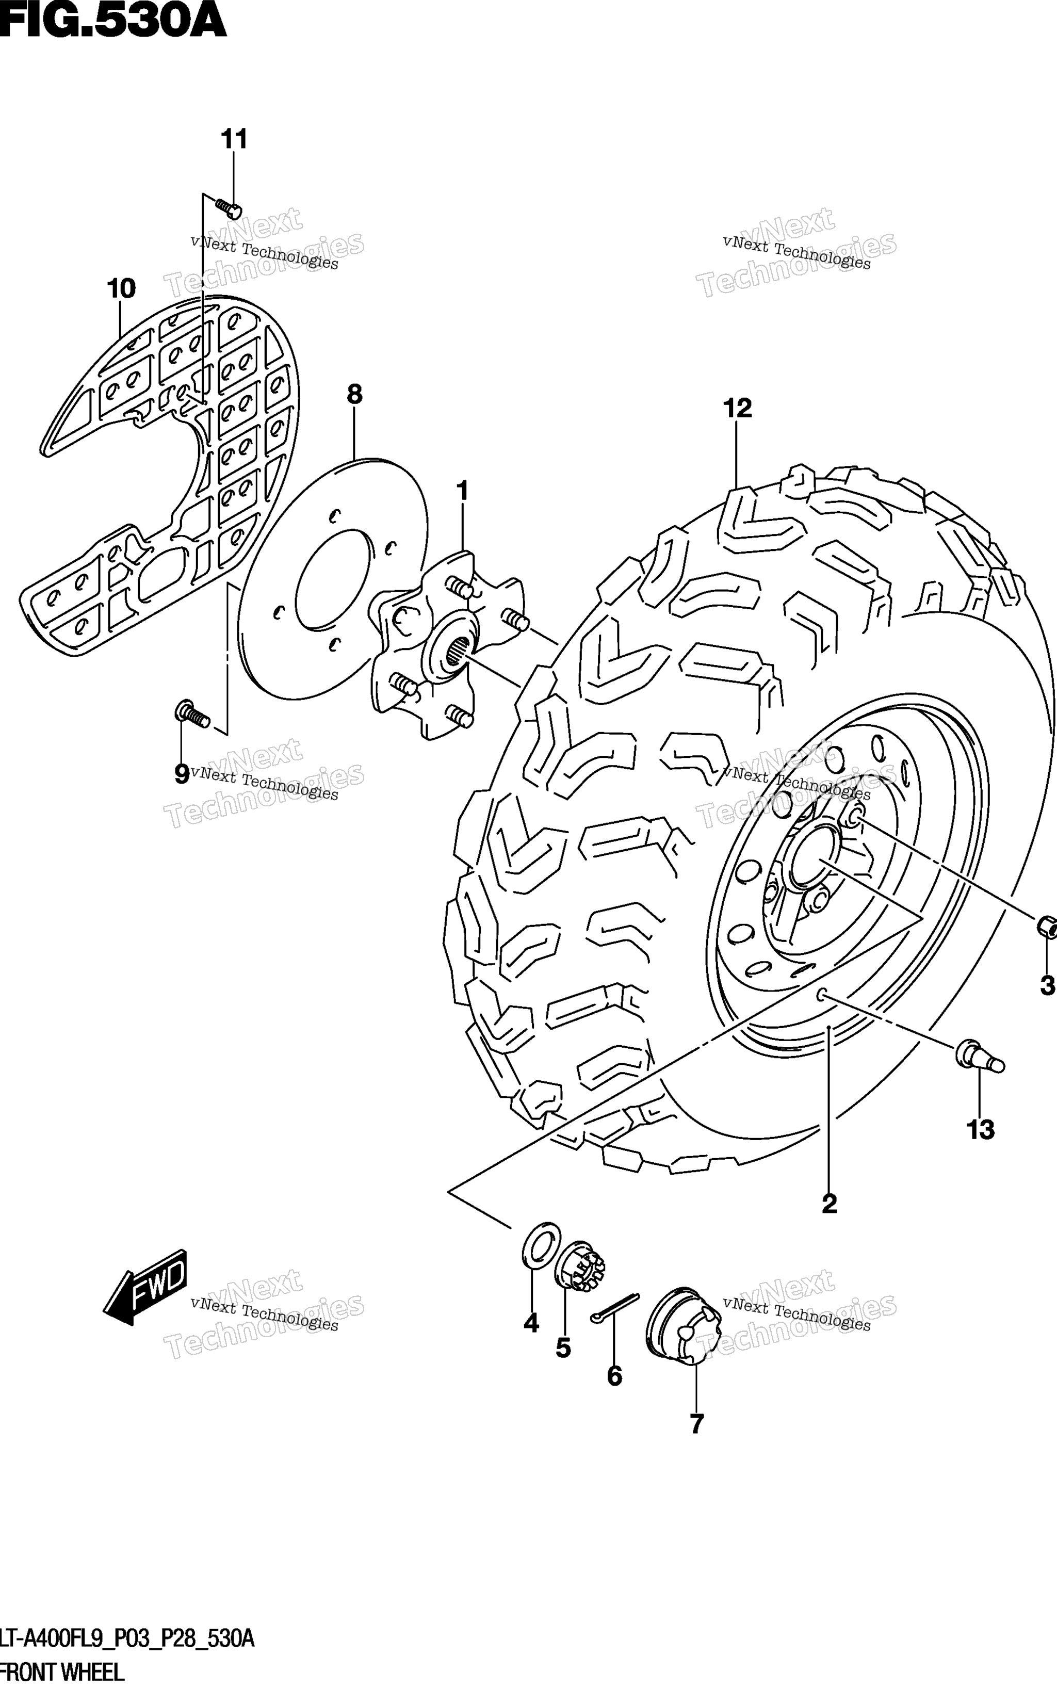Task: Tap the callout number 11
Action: tap(234, 140)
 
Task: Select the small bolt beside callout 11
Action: tap(229, 207)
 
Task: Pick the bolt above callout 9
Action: tap(191, 713)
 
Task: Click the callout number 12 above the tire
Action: tap(738, 408)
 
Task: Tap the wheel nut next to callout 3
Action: tap(1047, 928)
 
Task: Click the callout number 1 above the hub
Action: tap(462, 491)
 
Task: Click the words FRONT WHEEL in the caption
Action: tap(63, 1672)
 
